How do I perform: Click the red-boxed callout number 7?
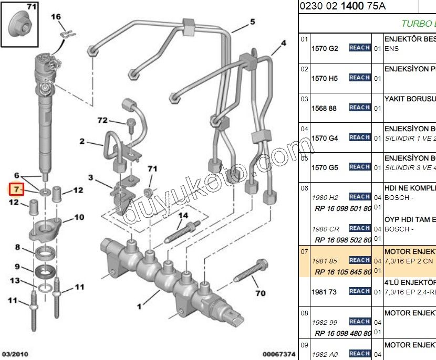coord(16,188)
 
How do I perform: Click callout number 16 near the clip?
coord(56,17)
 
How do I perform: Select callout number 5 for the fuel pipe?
coord(252,22)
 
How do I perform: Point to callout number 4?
coord(283,44)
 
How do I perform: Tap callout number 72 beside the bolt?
coord(102,121)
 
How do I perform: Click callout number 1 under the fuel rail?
coord(139,306)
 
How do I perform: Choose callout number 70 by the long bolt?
coord(260,293)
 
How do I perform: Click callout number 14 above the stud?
coord(182,215)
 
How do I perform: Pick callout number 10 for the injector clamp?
coord(79,217)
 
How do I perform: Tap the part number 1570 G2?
coord(325,48)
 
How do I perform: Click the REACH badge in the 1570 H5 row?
coord(359,78)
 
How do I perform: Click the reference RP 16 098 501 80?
coord(342,208)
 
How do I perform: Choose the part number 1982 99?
coord(325,322)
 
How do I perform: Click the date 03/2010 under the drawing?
coord(15,355)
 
